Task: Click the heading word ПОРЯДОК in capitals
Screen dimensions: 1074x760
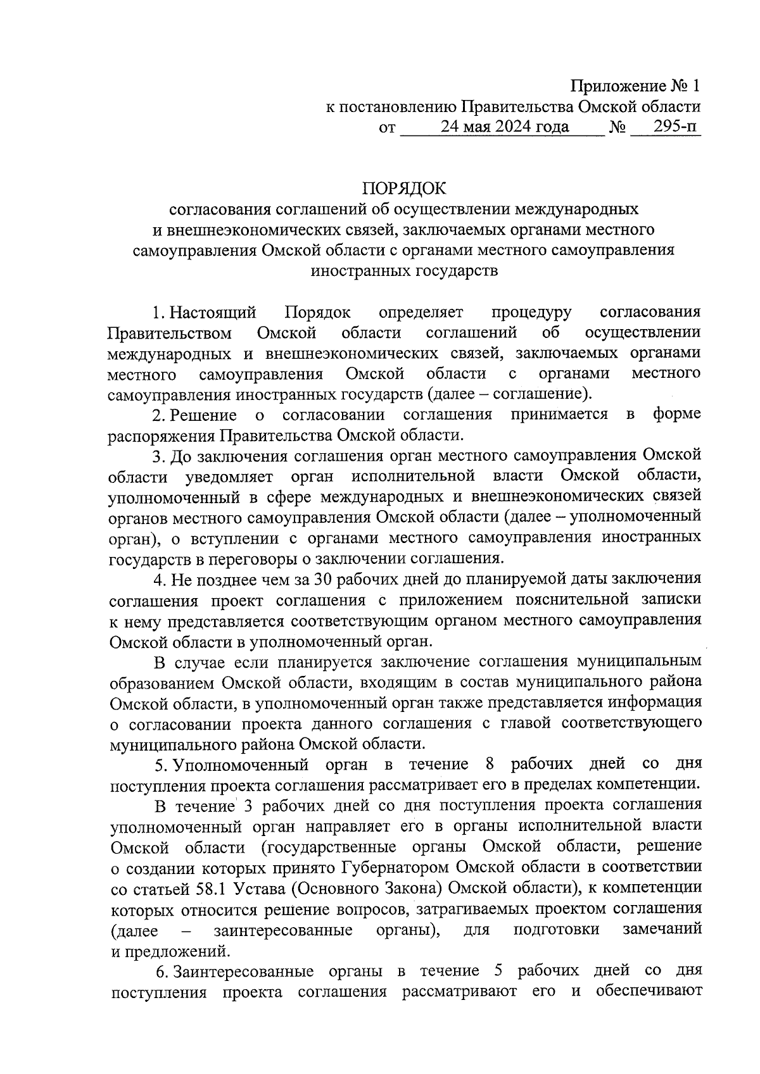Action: (x=404, y=188)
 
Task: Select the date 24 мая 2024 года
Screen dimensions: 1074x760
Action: (x=505, y=127)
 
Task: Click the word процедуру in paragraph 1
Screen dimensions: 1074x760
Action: (x=531, y=312)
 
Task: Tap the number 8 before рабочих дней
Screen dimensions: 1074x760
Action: (x=489, y=764)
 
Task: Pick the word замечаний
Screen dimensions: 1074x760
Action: (x=662, y=928)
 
